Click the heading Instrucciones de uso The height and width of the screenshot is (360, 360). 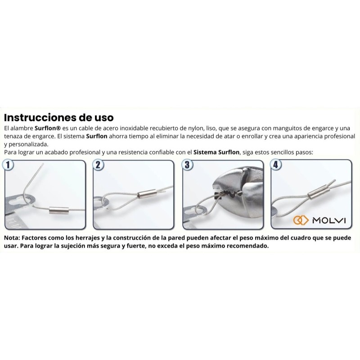[59, 117]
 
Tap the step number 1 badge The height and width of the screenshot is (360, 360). [8, 165]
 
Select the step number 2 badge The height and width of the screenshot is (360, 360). [98, 165]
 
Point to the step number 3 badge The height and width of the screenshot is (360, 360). [187, 165]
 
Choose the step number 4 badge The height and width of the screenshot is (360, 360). [276, 165]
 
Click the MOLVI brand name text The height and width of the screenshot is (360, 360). [329, 220]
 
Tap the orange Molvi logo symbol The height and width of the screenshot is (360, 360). [301, 220]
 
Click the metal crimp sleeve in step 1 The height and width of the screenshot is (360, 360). [59, 210]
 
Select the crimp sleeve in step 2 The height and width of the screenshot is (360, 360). [148, 194]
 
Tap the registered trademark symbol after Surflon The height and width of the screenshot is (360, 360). [58, 128]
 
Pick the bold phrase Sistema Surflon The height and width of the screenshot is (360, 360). [216, 152]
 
